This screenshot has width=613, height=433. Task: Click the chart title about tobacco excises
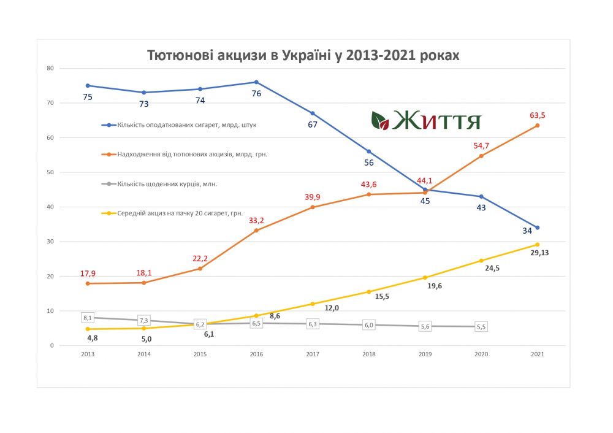(x=303, y=55)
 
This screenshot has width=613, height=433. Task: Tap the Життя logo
(x=426, y=120)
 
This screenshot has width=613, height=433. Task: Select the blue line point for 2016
(x=256, y=82)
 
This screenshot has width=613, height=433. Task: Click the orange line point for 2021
(x=538, y=126)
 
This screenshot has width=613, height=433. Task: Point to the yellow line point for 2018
(x=369, y=292)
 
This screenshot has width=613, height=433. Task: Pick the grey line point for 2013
(x=88, y=318)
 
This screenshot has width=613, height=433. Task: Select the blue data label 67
(x=313, y=125)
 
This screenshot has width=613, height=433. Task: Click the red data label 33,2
(x=257, y=220)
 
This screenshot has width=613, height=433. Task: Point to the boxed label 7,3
(x=144, y=320)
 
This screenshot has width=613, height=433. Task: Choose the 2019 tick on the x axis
(x=425, y=354)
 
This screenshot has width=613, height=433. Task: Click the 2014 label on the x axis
(x=144, y=354)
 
